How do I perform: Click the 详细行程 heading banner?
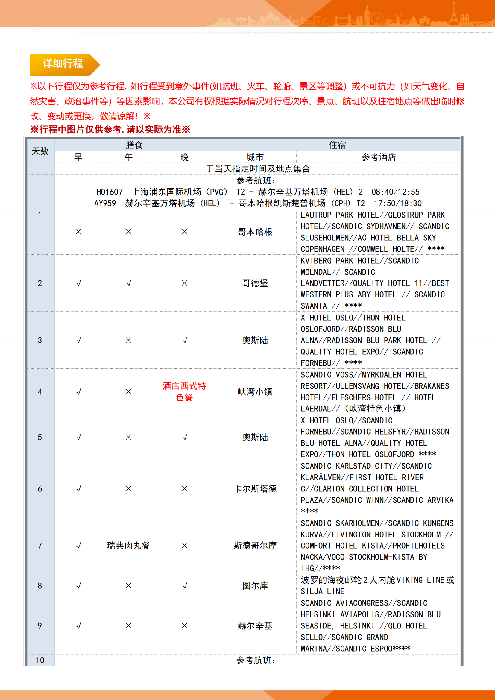[x=63, y=64]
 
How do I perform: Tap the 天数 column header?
[x=40, y=151]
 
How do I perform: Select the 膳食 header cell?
[x=134, y=145]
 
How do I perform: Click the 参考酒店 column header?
[x=378, y=157]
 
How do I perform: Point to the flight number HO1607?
[x=110, y=192]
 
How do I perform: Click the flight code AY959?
[x=105, y=203]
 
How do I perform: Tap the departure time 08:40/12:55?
[x=395, y=192]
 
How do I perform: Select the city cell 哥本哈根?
[x=255, y=232]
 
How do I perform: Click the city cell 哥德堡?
[x=255, y=283]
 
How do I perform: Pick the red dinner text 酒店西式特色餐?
[x=184, y=392]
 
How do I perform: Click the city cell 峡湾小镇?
[x=255, y=392]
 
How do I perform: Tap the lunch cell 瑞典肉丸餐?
[x=128, y=546]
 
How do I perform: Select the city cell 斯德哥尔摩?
[x=255, y=546]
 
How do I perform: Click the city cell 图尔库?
[x=255, y=586]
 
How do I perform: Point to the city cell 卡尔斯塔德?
[x=255, y=489]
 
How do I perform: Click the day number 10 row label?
[x=40, y=660]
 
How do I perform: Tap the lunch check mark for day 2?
[x=129, y=283]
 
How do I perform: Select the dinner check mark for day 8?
[x=184, y=586]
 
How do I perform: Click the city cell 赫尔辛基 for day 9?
[x=255, y=626]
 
